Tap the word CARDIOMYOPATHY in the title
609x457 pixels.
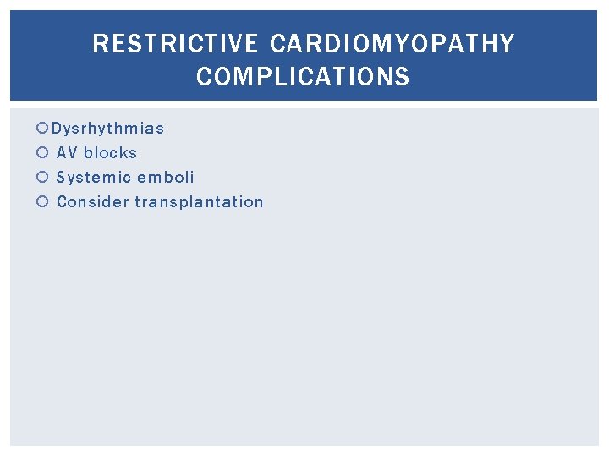click(392, 44)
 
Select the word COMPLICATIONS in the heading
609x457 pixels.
click(303, 77)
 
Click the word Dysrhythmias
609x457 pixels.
click(107, 129)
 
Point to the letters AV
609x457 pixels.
click(67, 153)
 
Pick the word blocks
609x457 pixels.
click(110, 153)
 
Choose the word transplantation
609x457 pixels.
click(199, 202)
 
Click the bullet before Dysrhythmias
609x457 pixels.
click(43, 129)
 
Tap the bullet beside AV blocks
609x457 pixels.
click(43, 153)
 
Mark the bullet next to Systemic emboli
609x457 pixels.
click(43, 178)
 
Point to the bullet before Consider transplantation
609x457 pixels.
click(43, 202)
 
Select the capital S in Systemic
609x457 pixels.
click(61, 178)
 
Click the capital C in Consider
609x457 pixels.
click(61, 202)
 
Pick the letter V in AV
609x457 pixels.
click(73, 153)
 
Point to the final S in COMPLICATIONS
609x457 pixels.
click(403, 77)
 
